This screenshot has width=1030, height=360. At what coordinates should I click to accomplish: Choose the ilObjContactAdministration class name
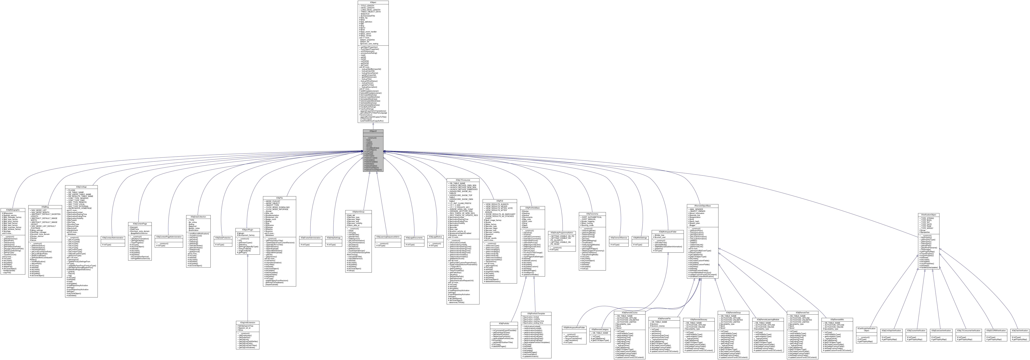[113, 238]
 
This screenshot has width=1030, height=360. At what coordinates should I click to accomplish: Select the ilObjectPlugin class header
[248, 230]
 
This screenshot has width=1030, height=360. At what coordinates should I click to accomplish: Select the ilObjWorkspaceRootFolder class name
[574, 327]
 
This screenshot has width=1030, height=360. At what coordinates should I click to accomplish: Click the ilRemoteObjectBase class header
[703, 206]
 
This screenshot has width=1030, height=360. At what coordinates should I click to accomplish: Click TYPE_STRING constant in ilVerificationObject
[928, 218]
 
